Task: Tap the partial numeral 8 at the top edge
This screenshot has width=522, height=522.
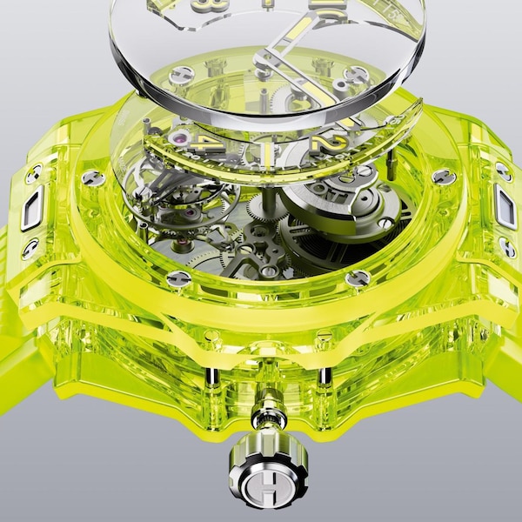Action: point(216,4)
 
